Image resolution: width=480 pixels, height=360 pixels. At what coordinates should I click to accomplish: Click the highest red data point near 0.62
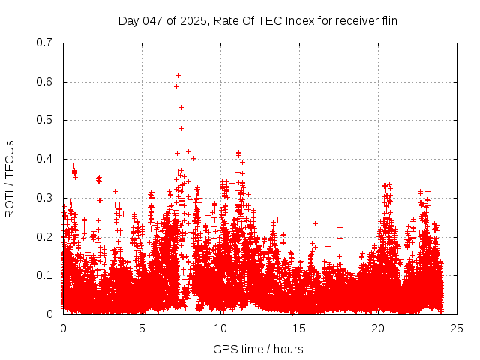click(x=178, y=75)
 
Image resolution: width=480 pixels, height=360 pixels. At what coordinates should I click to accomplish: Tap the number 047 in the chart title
click(x=152, y=20)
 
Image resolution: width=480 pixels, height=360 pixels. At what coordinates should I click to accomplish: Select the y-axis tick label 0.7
click(x=44, y=43)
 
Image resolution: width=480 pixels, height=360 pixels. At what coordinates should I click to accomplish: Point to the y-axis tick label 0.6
click(x=44, y=82)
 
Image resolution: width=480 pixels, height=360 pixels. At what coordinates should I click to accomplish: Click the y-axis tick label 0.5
click(x=44, y=120)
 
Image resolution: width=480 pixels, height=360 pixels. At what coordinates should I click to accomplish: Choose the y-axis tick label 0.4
click(x=44, y=159)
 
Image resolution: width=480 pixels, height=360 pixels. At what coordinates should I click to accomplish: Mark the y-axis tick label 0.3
click(x=44, y=198)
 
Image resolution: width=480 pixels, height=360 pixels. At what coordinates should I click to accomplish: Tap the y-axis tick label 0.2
click(x=44, y=236)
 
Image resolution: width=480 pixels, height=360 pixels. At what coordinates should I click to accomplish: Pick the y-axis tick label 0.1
click(x=44, y=275)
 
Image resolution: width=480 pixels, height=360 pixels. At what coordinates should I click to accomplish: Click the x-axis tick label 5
click(x=142, y=328)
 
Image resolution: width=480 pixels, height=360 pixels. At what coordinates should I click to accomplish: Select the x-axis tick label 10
click(x=220, y=328)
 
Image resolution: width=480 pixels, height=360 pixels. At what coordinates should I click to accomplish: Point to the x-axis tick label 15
click(x=299, y=328)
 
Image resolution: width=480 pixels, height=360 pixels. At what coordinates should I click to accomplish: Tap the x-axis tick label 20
click(x=378, y=328)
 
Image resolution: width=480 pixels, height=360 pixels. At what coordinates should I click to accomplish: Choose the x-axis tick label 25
click(x=457, y=328)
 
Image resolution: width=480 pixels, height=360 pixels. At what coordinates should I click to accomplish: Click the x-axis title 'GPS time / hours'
click(x=258, y=349)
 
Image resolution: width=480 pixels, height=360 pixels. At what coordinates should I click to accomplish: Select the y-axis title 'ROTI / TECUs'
click(x=10, y=178)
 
